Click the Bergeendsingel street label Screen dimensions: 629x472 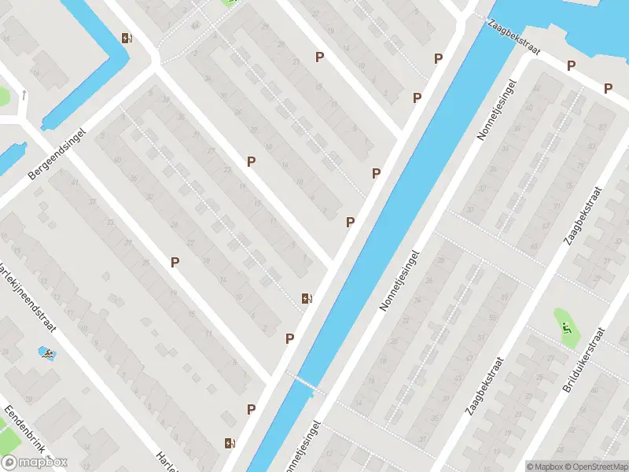click(x=55, y=153)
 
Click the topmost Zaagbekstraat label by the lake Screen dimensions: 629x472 click(x=514, y=37)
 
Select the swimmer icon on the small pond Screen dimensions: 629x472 click(x=48, y=355)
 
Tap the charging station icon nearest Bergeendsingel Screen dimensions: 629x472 click(x=127, y=38)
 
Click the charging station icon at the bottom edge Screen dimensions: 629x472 click(x=229, y=443)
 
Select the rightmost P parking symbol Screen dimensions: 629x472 click(x=608, y=88)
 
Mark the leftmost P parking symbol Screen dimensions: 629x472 click(x=175, y=262)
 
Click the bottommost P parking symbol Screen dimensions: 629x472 click(x=251, y=409)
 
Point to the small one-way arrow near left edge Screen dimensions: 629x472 click(x=24, y=95)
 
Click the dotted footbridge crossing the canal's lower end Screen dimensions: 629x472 click(x=306, y=382)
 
